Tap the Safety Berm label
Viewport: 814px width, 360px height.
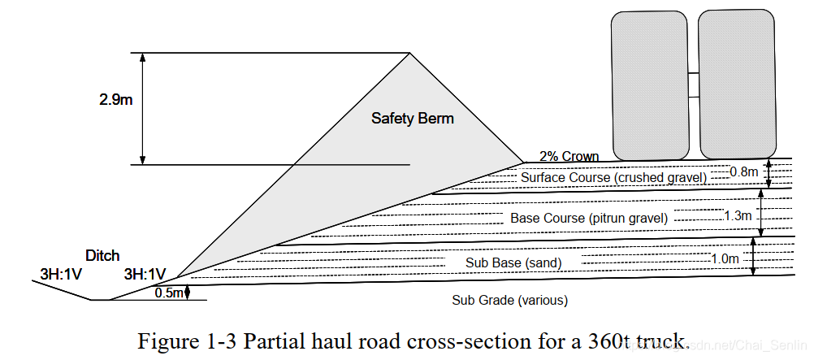(413, 119)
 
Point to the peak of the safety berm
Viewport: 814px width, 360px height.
(409, 54)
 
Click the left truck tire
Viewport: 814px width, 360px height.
(651, 85)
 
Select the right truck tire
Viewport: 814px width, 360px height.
(736, 85)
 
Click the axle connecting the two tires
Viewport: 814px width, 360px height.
(693, 75)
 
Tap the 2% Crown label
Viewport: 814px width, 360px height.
(569, 157)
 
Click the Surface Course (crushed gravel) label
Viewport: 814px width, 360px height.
(613, 177)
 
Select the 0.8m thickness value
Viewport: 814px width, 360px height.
(743, 172)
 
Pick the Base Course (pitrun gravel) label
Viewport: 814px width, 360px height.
(589, 218)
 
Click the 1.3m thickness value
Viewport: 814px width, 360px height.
(738, 215)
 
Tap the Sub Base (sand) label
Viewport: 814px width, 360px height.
(513, 262)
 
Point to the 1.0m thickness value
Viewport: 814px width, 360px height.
(725, 258)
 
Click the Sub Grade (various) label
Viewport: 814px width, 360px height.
(509, 300)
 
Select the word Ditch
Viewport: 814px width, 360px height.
(102, 255)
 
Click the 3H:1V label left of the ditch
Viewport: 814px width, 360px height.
(61, 274)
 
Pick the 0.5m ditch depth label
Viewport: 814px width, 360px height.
(169, 293)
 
